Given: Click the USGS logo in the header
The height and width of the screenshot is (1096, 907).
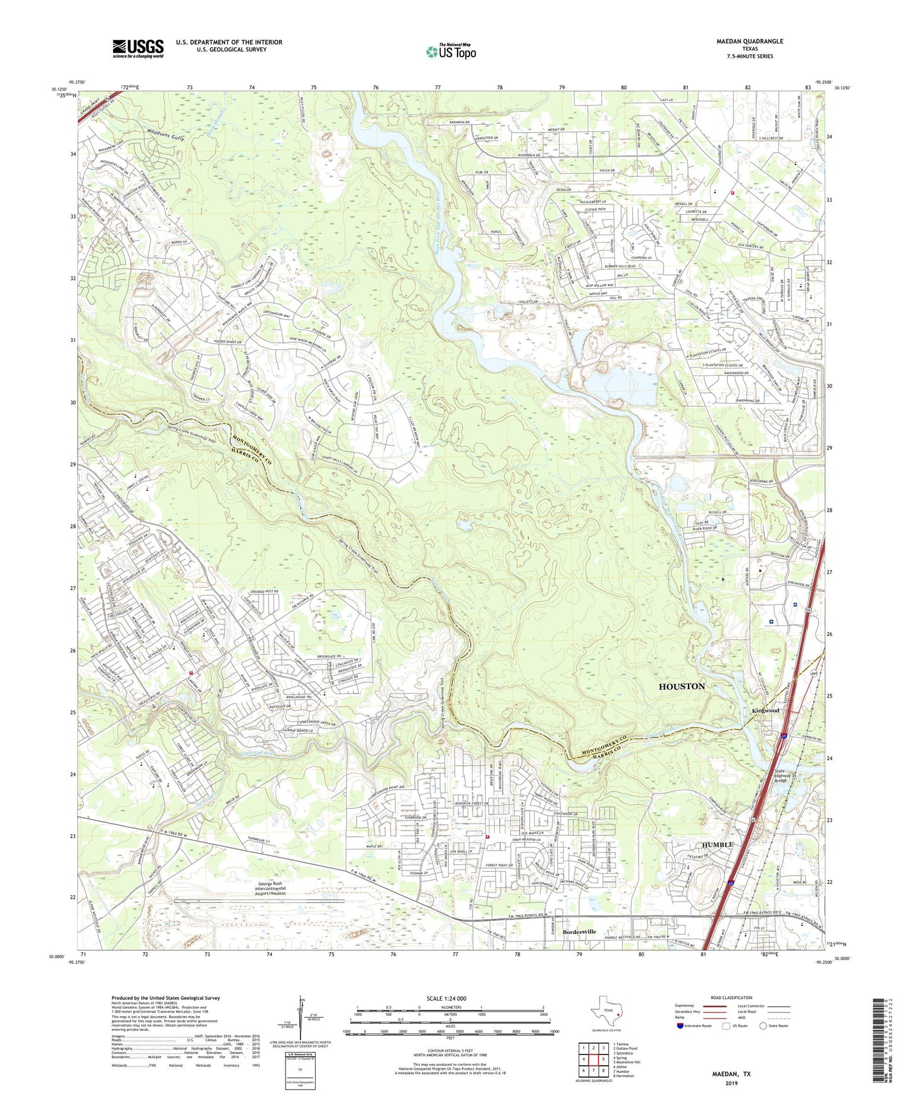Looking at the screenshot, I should [138, 48].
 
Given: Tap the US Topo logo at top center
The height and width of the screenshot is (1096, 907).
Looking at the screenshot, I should [450, 51].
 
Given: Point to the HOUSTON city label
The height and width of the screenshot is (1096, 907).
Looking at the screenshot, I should [682, 687].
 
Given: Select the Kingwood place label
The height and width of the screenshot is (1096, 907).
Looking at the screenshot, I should [765, 711].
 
